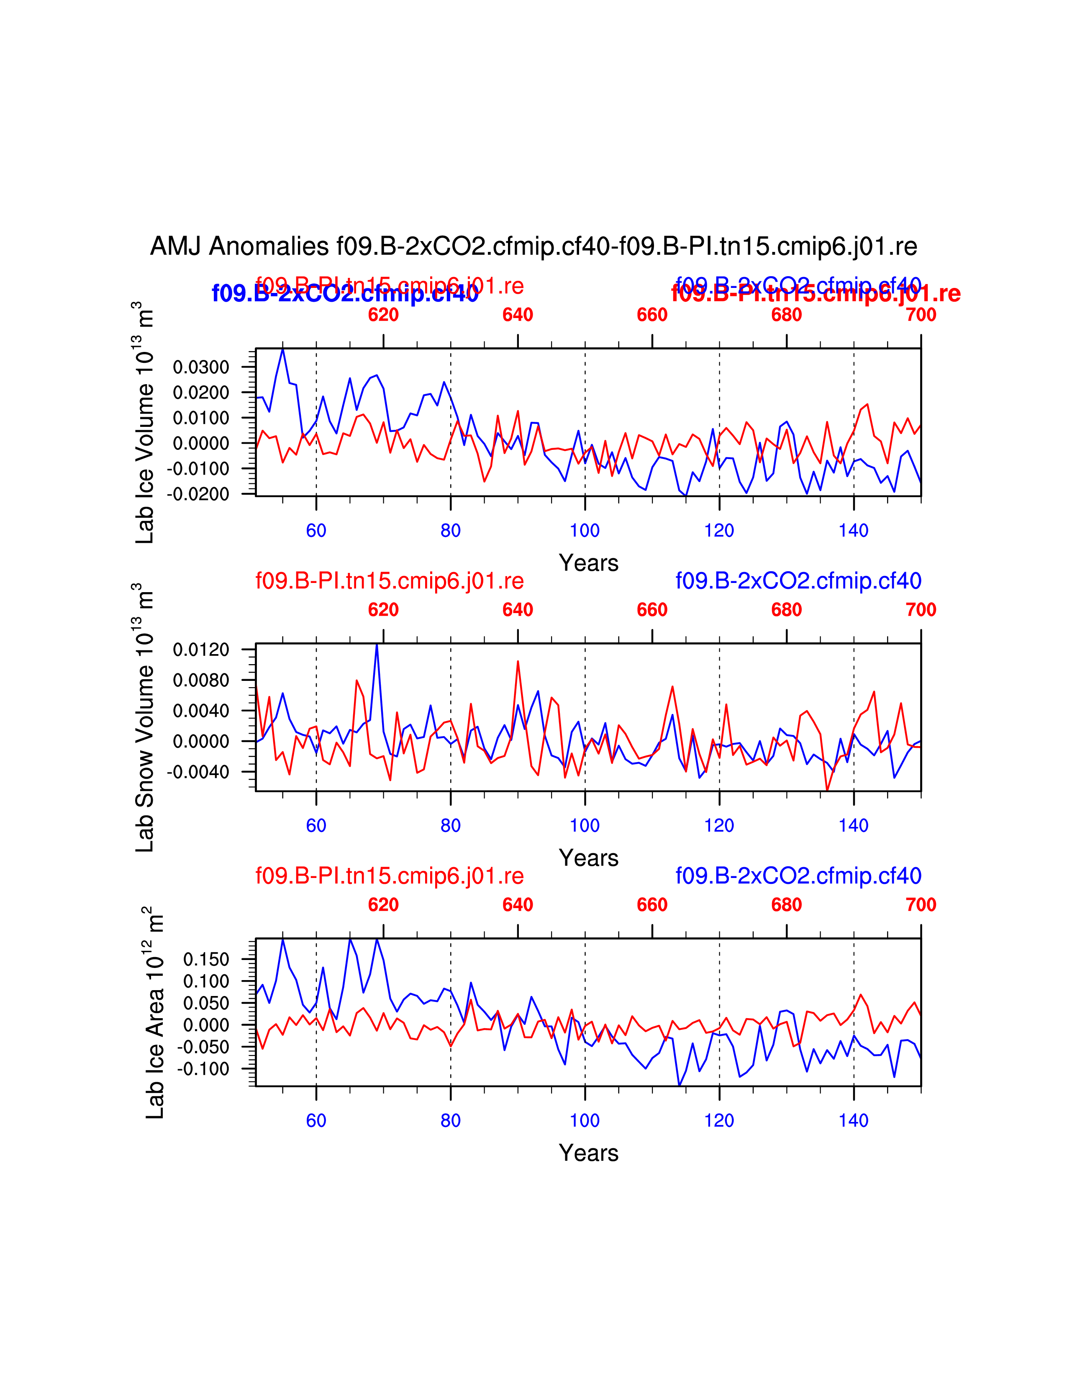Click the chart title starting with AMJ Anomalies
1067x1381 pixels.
coord(533,246)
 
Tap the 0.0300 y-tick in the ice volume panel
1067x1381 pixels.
coord(201,367)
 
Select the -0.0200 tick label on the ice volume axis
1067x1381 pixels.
coord(198,494)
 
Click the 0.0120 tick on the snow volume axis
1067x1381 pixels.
coord(201,650)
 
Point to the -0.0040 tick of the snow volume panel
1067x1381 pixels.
coord(198,772)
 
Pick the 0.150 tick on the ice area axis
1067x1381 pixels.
coord(206,960)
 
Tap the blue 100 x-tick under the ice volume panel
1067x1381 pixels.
coord(585,531)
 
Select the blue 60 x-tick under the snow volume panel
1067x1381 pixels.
coord(316,825)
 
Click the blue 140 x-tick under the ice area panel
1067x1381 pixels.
coord(853,1120)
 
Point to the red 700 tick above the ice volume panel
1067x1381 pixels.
coord(921,315)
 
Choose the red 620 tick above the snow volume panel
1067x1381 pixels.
coord(383,610)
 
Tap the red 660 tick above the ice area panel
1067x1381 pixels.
coord(651,905)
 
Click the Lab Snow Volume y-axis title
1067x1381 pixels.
coord(145,718)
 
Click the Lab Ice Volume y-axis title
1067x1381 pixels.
coord(145,422)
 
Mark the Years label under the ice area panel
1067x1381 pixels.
coord(588,1153)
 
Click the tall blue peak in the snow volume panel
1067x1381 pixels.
coord(377,646)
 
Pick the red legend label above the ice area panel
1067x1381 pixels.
coord(390,876)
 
